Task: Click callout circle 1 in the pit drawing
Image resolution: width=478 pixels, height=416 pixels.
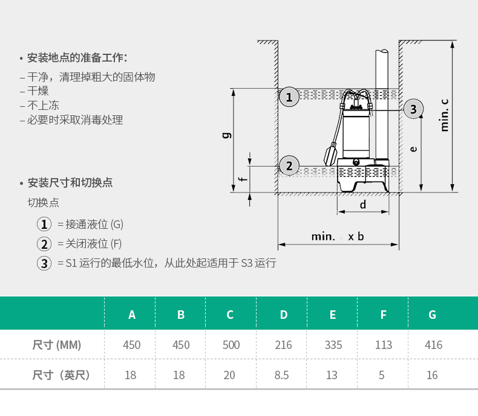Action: (x=289, y=97)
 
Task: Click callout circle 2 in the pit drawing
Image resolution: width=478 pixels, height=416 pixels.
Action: (x=289, y=165)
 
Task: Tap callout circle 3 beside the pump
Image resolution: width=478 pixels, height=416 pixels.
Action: (x=413, y=109)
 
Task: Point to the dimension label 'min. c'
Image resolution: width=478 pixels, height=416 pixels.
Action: (x=445, y=115)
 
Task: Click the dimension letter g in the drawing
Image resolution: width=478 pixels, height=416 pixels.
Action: (x=226, y=135)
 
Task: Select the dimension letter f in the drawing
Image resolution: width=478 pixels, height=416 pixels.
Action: (x=241, y=179)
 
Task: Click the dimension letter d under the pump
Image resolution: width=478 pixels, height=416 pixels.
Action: (x=363, y=205)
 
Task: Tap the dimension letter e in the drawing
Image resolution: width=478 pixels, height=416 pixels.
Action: (x=413, y=149)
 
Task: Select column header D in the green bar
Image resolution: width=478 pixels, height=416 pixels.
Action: (x=283, y=315)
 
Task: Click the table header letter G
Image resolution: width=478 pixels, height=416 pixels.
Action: (x=432, y=315)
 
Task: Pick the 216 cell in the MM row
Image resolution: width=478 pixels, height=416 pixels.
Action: (x=283, y=345)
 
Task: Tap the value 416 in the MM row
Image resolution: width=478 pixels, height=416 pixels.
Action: (x=433, y=345)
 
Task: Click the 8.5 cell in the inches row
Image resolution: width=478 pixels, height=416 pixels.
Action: (x=281, y=376)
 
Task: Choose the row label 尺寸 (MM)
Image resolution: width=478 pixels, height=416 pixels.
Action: (x=56, y=345)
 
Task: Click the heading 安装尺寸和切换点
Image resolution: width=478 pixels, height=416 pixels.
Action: (x=70, y=183)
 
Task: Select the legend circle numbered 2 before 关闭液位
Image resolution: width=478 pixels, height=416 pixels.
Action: (x=44, y=244)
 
